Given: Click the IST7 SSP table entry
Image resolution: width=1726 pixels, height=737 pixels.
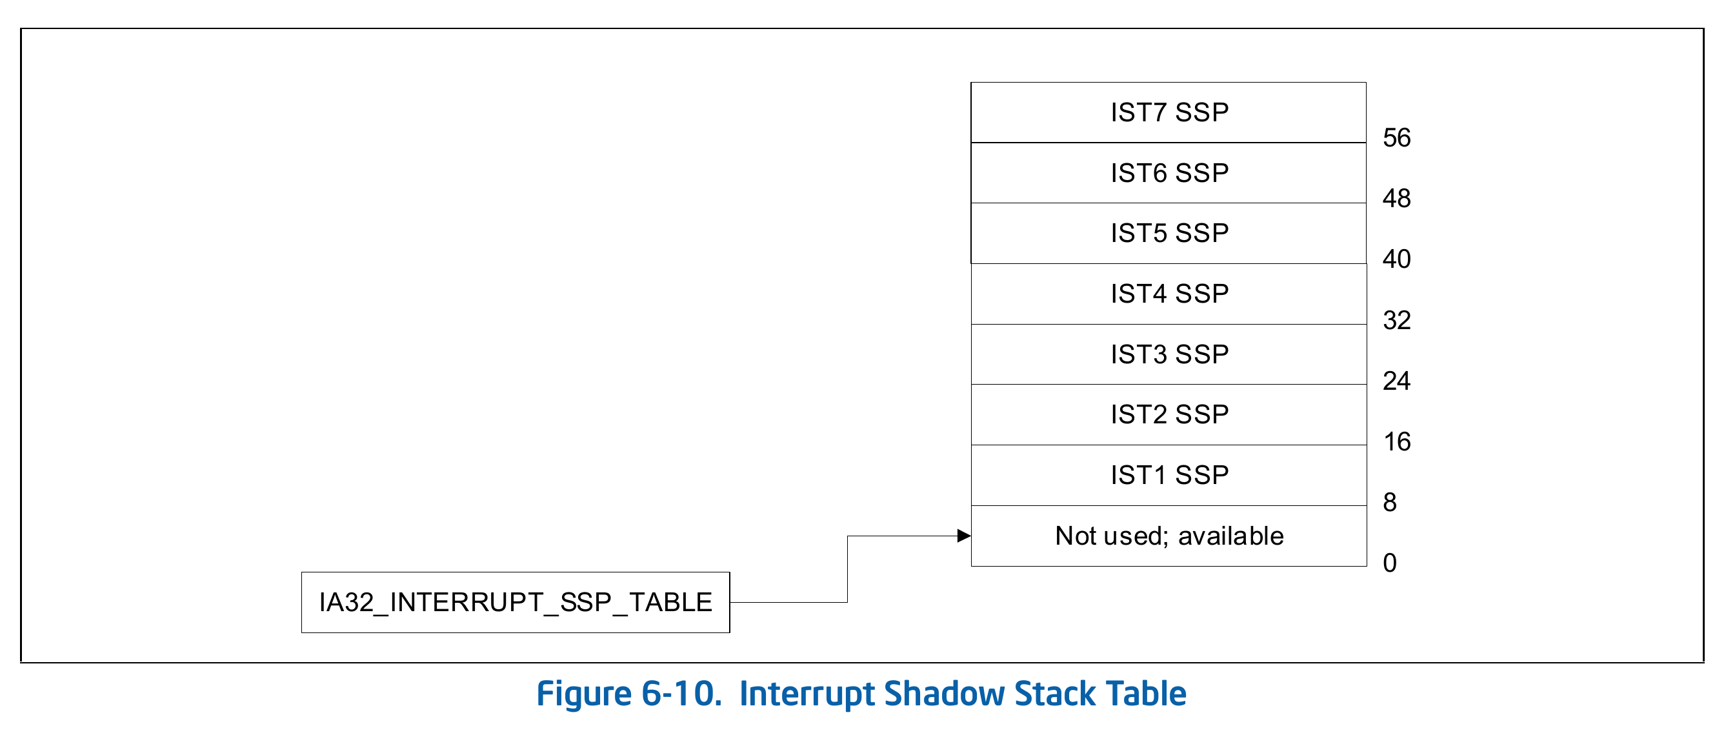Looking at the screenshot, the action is [1169, 112].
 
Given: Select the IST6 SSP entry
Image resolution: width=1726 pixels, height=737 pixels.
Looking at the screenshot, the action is [1169, 173].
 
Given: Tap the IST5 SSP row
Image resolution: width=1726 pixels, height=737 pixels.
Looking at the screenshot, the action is [1169, 233].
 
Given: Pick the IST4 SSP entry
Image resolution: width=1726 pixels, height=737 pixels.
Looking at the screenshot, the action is [1169, 294].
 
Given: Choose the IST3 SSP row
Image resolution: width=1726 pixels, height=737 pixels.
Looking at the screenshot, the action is [1169, 354].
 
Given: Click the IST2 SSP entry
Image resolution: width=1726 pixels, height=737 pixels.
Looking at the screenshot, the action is [1169, 415].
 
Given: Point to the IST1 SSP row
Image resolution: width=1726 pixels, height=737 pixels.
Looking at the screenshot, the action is [1169, 475].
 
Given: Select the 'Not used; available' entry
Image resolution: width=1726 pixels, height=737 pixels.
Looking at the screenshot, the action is [1169, 536].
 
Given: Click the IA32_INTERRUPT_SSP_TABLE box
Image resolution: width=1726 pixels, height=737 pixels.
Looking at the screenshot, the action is [516, 602].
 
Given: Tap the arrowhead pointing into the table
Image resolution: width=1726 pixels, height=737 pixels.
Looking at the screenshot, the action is [964, 536].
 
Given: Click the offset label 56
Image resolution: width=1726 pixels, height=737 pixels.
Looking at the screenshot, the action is [1397, 138].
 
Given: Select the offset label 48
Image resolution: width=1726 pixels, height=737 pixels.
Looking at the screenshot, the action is [1397, 198].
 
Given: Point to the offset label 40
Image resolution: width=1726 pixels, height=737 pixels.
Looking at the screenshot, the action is [1397, 259].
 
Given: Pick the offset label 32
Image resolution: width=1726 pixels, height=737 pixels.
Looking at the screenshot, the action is [1397, 320].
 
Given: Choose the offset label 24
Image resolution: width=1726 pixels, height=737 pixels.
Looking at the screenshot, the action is [1397, 381].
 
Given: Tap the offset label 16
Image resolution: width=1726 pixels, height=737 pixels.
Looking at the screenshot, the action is [1397, 441].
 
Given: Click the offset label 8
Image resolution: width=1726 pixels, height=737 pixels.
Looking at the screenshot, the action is [1390, 503].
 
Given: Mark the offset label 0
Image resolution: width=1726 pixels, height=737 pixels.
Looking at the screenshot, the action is [1390, 563].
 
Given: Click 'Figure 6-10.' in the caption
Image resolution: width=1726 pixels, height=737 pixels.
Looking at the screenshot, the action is [629, 694].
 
